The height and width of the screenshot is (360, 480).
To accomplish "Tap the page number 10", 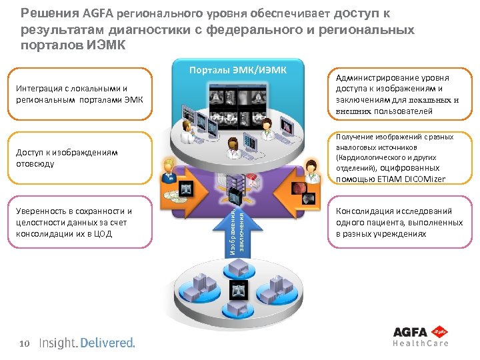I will click(25, 343).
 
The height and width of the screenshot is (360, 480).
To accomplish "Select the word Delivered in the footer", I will click(108, 343).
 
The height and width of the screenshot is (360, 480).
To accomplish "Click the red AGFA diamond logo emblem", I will click(439, 331).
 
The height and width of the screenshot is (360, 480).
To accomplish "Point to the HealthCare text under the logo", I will click(419, 343).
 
